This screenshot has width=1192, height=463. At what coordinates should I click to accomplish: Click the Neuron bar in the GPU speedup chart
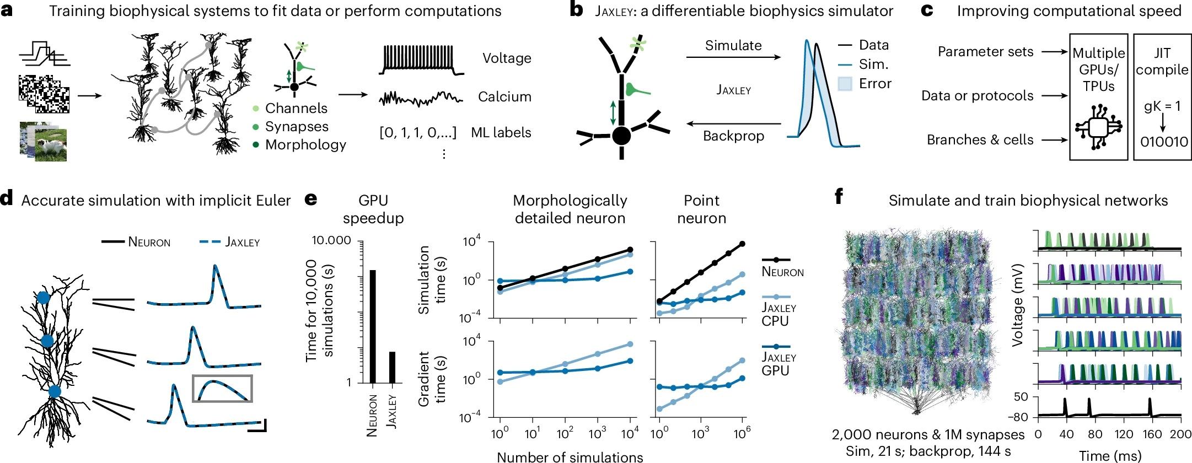[x=373, y=326]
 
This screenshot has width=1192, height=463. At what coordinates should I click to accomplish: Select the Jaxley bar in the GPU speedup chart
[x=392, y=367]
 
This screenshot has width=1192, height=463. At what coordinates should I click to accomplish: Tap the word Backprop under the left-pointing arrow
[x=733, y=136]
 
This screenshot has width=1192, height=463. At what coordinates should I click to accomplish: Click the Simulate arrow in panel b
[x=733, y=57]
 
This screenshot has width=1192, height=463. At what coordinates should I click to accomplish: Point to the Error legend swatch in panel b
[x=845, y=84]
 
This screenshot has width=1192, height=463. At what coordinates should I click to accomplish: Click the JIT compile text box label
[x=1162, y=61]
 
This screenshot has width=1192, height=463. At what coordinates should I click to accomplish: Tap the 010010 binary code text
[x=1164, y=142]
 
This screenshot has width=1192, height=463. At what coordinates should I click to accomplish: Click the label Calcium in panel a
[x=504, y=97]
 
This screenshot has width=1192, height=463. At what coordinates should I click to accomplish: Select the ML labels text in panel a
[x=501, y=133]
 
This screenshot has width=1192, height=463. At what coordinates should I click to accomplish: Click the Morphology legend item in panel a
[x=305, y=145]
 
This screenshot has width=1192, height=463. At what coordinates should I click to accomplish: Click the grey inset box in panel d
[x=222, y=389]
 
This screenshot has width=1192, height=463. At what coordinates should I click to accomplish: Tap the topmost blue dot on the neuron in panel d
[x=43, y=298]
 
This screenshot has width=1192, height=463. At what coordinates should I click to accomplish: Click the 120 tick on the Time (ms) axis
[x=1124, y=434]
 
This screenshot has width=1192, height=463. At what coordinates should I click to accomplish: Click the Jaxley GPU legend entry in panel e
[x=778, y=364]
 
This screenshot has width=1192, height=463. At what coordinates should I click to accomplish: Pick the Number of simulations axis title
[x=570, y=456]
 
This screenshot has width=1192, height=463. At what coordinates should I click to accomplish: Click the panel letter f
[x=839, y=197]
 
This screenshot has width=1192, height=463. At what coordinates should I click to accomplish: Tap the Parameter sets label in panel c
[x=985, y=52]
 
